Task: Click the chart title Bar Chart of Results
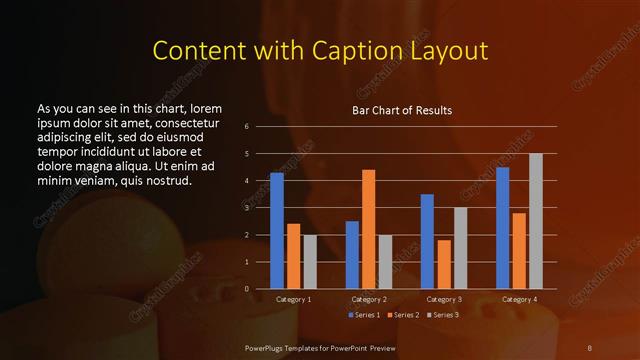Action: click(x=401, y=110)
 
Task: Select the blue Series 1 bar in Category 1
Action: click(x=277, y=230)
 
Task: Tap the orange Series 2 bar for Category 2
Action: click(x=368, y=229)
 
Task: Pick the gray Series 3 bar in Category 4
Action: click(x=535, y=221)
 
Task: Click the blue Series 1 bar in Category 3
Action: click(x=427, y=241)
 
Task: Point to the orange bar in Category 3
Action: click(x=443, y=264)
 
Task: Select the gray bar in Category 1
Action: click(x=309, y=261)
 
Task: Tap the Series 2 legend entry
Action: click(x=402, y=315)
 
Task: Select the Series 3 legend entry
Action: click(x=443, y=315)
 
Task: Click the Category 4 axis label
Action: click(x=518, y=299)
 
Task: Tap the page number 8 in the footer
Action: click(x=590, y=347)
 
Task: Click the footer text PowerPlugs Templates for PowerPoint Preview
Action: click(x=320, y=347)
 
